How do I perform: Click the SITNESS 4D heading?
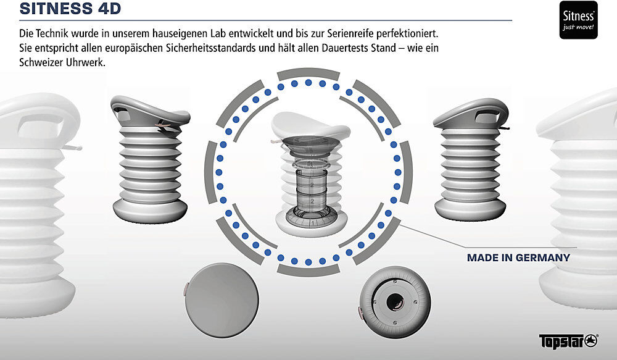(x=70, y=8)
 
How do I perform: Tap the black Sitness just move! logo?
(x=579, y=20)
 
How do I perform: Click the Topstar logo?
(x=569, y=341)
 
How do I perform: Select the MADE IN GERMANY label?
(x=518, y=257)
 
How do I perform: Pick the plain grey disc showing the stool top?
(x=222, y=300)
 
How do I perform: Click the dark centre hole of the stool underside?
(x=395, y=303)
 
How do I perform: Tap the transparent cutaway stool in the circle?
(x=311, y=174)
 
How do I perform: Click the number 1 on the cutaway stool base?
(x=312, y=224)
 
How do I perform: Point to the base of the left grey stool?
(x=150, y=210)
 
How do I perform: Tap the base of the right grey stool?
(x=470, y=209)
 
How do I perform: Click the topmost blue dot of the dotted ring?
(x=308, y=83)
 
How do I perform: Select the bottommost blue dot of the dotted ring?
(x=308, y=262)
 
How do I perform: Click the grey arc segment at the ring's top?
(x=308, y=73)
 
